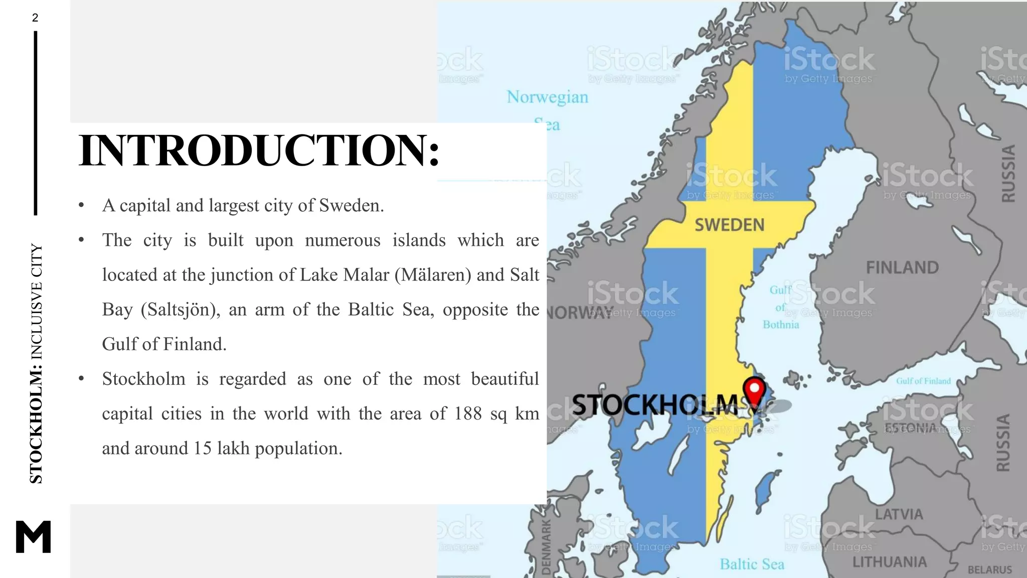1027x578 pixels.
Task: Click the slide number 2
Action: (x=35, y=18)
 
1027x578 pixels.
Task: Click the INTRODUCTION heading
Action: (x=259, y=151)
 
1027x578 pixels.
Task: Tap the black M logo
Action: (x=34, y=536)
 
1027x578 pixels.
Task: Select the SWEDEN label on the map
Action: (x=730, y=225)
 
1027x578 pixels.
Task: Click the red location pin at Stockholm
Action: (x=754, y=391)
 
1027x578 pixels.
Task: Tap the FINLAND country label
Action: (x=902, y=267)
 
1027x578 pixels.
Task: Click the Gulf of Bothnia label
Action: (x=781, y=307)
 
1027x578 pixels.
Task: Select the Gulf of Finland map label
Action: (x=923, y=381)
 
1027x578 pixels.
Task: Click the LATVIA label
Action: (x=899, y=514)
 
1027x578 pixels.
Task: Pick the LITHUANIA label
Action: (x=890, y=562)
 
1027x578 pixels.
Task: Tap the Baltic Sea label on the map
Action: (x=752, y=564)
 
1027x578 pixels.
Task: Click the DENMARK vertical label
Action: (x=546, y=547)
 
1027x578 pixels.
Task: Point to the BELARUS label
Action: (x=989, y=570)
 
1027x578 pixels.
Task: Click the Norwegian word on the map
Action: (x=547, y=97)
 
